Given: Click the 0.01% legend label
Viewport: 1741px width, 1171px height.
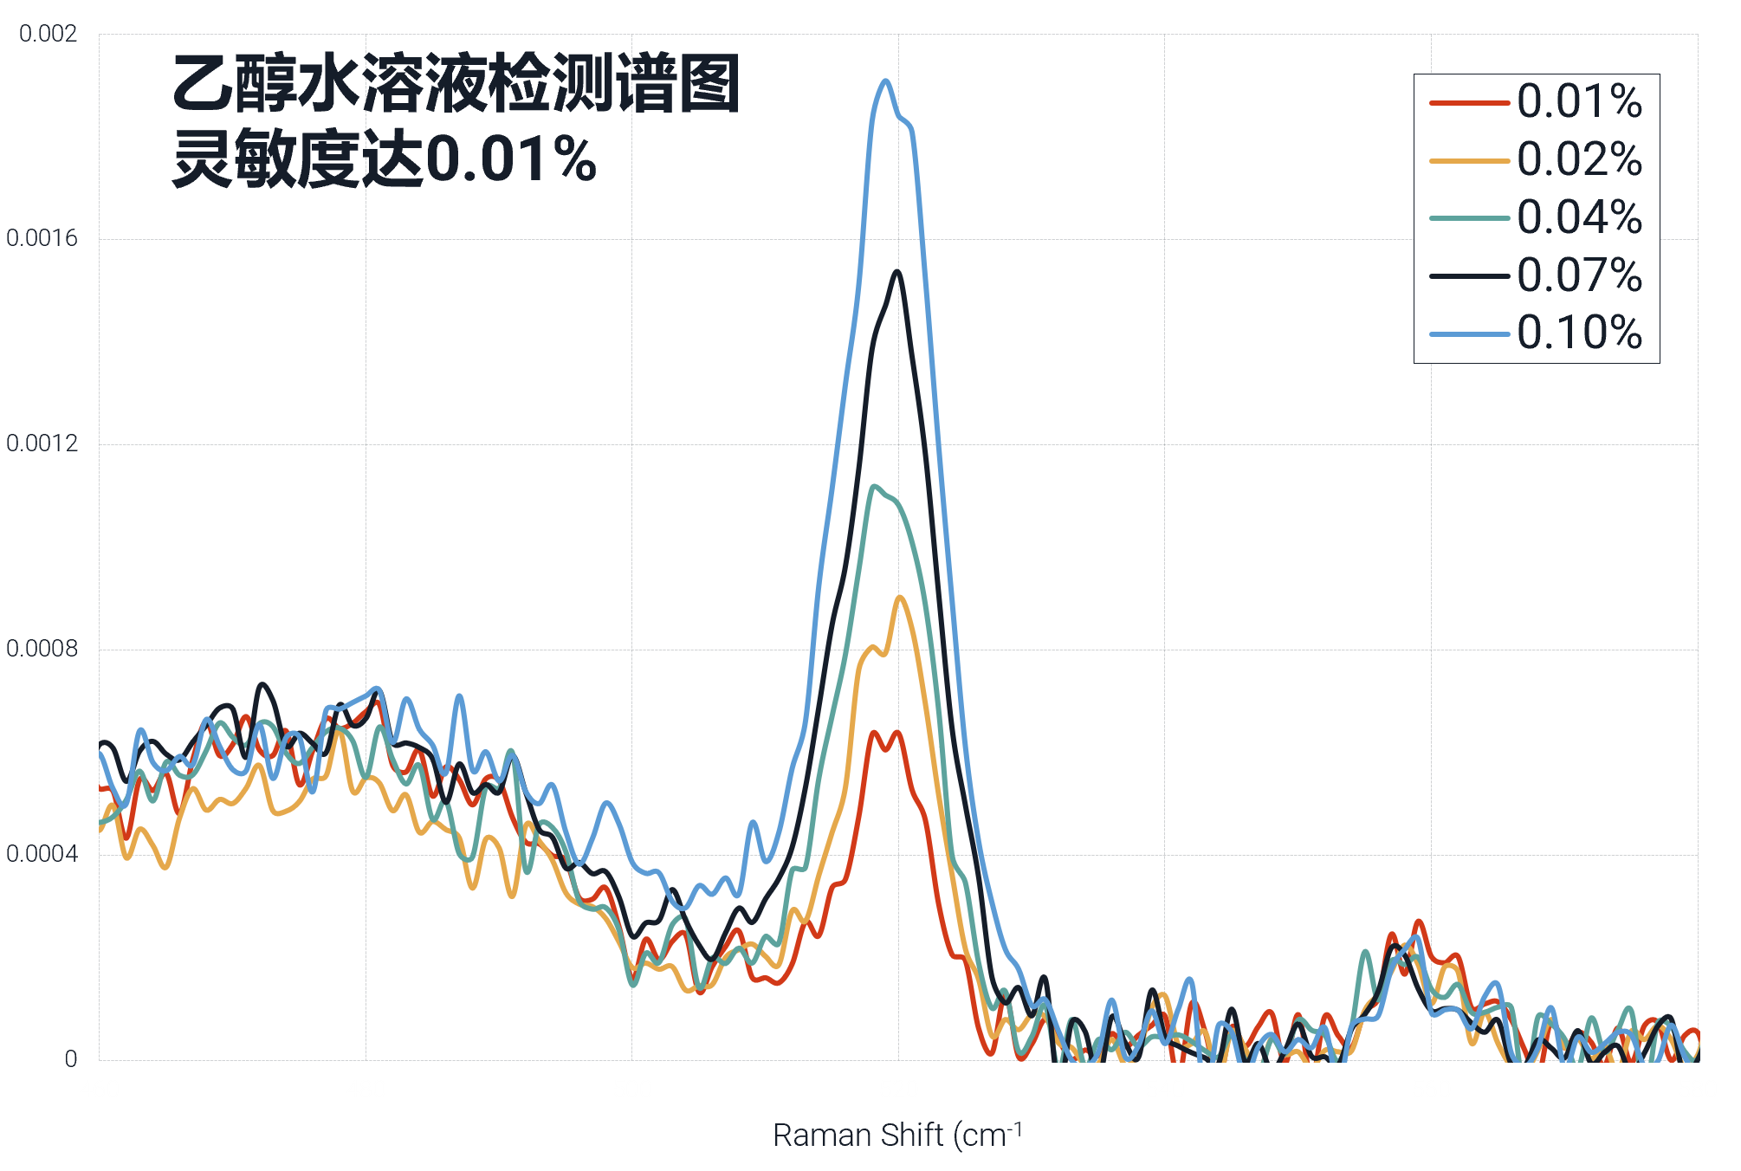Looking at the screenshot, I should coord(1579,102).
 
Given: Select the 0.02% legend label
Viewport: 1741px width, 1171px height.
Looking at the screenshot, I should coord(1579,160).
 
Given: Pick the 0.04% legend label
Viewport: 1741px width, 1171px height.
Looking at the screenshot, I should coord(1579,217).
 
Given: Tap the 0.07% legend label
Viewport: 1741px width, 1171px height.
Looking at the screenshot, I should coord(1579,275).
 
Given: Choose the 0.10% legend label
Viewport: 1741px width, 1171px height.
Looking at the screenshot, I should coord(1579,333).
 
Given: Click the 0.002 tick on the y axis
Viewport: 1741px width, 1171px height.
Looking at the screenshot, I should coord(49,34).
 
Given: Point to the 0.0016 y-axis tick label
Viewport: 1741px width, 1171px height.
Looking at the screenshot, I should coord(42,238).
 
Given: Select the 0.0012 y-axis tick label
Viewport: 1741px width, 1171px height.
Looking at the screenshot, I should coord(42,443).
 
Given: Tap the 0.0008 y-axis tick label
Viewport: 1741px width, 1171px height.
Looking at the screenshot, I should coord(42,649).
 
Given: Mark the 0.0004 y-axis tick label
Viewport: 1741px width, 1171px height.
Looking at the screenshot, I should coord(42,854).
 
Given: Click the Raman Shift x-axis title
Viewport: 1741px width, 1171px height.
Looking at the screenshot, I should coord(896,1135).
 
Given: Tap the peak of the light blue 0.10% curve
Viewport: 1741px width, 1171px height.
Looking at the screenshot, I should coord(885,81).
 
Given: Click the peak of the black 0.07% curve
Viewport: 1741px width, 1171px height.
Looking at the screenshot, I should coord(897,272).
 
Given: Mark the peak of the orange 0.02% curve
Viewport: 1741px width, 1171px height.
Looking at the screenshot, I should coord(901,597).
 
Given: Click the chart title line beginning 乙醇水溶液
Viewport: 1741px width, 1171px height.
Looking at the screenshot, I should coord(456,84).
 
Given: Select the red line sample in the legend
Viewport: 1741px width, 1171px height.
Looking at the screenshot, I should coord(1469,103).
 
